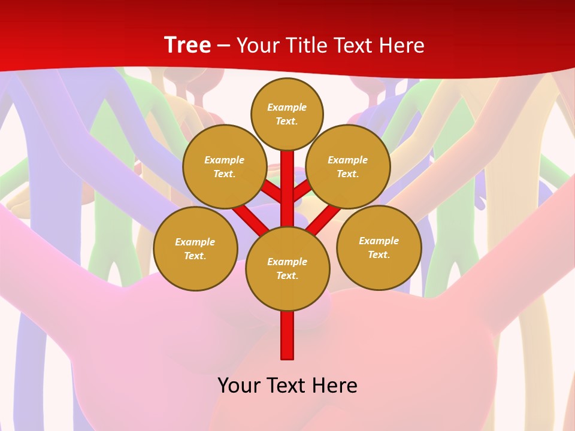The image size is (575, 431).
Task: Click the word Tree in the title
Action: (187, 45)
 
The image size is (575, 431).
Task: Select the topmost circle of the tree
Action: (287, 114)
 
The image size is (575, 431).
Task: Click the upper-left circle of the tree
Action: (225, 166)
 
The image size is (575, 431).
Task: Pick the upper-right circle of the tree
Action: (348, 166)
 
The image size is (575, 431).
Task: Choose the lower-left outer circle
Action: (195, 248)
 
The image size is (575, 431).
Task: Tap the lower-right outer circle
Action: (379, 247)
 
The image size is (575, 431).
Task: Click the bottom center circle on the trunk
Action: (287, 268)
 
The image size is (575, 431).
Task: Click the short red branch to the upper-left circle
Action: (273, 192)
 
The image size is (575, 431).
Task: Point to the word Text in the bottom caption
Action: (287, 385)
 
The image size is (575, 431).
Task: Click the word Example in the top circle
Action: (287, 108)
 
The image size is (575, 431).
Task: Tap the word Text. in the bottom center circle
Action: (287, 275)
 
